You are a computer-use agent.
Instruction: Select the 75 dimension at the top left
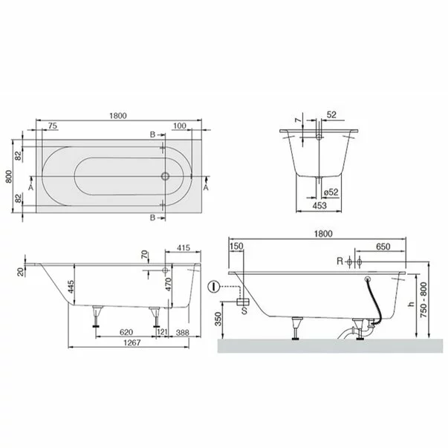pos(53,127)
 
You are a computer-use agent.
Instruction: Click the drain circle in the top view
pos(166,176)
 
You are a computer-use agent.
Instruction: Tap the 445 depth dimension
pos(72,287)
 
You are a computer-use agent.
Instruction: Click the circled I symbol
pos(213,285)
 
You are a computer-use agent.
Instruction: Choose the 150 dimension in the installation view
pos(237,247)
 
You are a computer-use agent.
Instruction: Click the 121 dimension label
pos(163,332)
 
